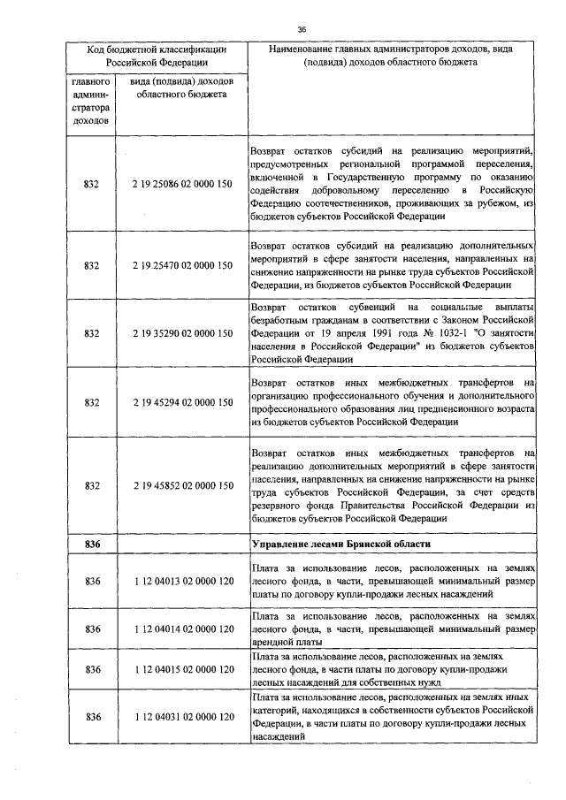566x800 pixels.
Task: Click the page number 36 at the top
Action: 302,28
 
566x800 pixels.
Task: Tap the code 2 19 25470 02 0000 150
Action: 182,265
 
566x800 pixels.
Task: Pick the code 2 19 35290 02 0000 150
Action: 182,334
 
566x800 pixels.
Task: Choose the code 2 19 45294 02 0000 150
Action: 182,402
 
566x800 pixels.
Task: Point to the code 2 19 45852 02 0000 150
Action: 182,485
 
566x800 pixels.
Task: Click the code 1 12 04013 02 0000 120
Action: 182,582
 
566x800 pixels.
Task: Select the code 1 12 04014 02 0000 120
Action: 182,629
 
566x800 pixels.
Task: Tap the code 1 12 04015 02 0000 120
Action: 182,670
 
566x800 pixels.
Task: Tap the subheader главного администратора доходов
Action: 92,101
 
